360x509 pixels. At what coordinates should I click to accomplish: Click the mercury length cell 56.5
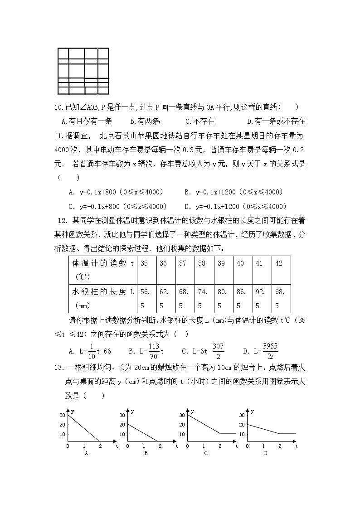[x=147, y=298]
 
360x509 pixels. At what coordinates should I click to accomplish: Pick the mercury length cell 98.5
[x=281, y=298]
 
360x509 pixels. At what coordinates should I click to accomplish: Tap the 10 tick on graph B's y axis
[x=122, y=434]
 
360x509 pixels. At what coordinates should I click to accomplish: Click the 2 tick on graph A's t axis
[x=99, y=446]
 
